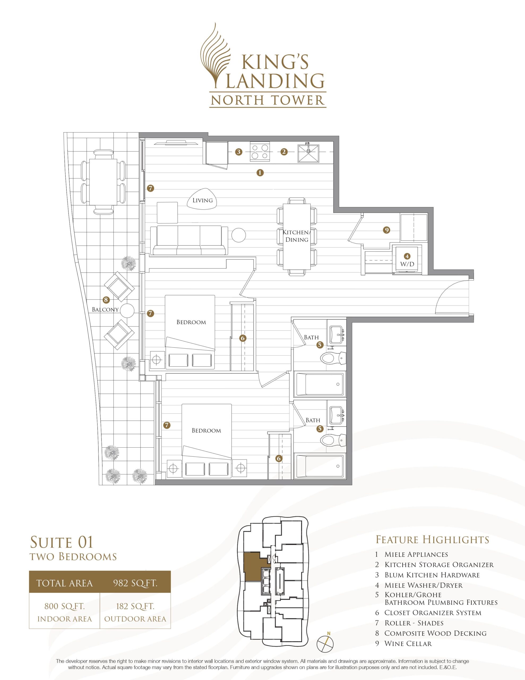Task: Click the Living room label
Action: click(x=202, y=200)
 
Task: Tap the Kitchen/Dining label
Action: click(x=296, y=236)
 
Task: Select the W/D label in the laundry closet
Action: click(x=407, y=264)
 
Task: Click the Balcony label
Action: click(x=105, y=309)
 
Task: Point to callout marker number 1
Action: click(x=260, y=172)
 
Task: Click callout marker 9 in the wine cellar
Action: click(x=386, y=230)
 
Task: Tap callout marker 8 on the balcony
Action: click(x=106, y=300)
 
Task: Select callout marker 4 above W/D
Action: click(x=407, y=256)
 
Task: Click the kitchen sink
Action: click(x=308, y=152)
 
